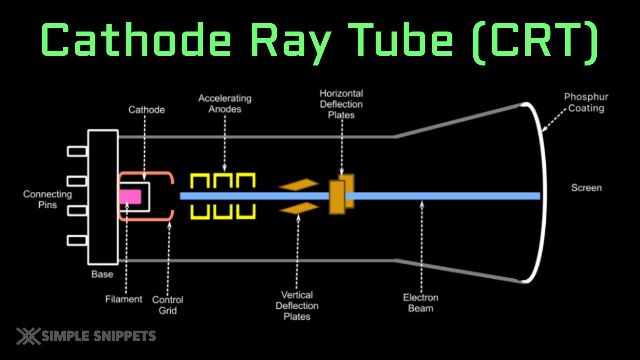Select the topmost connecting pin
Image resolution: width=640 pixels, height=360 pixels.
tap(77, 150)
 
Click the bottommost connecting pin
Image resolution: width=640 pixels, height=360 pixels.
tap(77, 240)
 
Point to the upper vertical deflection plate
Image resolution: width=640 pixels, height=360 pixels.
tap(298, 185)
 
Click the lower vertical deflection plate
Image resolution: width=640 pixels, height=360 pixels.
tap(298, 208)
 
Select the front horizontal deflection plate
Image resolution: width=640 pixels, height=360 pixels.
tap(337, 197)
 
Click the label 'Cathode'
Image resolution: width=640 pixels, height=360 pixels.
tap(146, 110)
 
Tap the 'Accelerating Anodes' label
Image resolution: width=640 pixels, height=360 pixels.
tap(225, 104)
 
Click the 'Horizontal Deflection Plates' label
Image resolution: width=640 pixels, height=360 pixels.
tap(341, 104)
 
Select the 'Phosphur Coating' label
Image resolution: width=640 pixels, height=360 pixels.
tap(586, 102)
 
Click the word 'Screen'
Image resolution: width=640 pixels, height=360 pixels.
tap(586, 188)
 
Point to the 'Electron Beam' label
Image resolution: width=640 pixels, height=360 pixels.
tap(421, 303)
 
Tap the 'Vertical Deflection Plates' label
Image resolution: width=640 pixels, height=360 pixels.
tap(297, 306)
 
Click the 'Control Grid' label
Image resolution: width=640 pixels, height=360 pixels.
tap(167, 305)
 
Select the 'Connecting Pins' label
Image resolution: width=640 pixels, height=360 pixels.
tap(47, 199)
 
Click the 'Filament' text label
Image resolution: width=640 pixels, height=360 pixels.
tap(124, 299)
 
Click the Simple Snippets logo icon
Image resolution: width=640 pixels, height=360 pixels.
tap(28, 336)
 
